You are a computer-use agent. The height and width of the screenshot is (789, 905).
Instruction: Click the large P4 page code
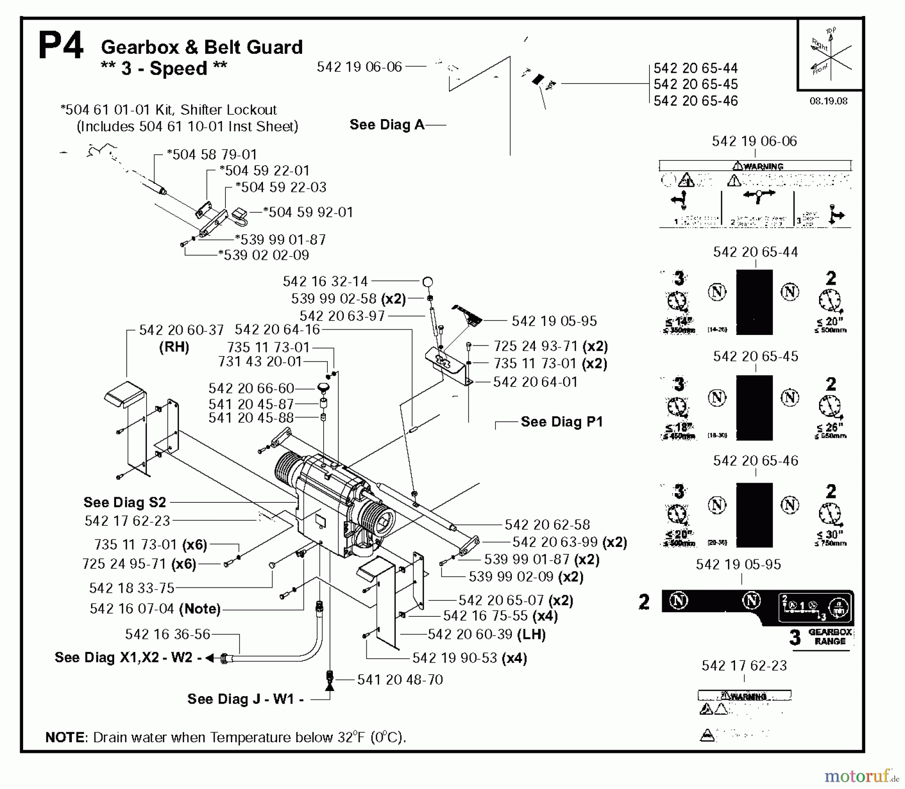60,46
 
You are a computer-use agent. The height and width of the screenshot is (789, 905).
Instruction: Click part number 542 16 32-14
325,281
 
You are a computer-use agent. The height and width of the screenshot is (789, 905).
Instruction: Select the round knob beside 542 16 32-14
427,282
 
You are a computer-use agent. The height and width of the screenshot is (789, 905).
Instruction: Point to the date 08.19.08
828,101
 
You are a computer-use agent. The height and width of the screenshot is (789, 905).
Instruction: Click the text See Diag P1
561,422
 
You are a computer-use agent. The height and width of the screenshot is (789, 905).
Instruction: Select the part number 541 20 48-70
400,680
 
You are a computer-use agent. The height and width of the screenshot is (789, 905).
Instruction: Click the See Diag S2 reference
124,502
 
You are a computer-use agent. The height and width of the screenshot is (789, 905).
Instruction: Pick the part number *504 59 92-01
308,212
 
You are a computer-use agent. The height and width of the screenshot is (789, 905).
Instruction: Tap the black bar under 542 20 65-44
754,302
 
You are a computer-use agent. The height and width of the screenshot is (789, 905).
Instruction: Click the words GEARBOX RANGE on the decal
830,637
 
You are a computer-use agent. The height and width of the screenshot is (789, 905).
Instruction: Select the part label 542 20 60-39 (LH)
486,634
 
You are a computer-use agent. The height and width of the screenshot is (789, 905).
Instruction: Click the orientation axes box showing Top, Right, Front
830,55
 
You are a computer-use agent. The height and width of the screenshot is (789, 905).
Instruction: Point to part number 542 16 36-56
167,634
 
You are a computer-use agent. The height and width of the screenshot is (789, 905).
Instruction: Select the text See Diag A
387,125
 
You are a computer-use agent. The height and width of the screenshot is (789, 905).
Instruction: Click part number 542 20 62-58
547,525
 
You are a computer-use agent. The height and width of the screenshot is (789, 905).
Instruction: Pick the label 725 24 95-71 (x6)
139,564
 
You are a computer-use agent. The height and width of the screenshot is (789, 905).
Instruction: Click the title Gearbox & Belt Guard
202,47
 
